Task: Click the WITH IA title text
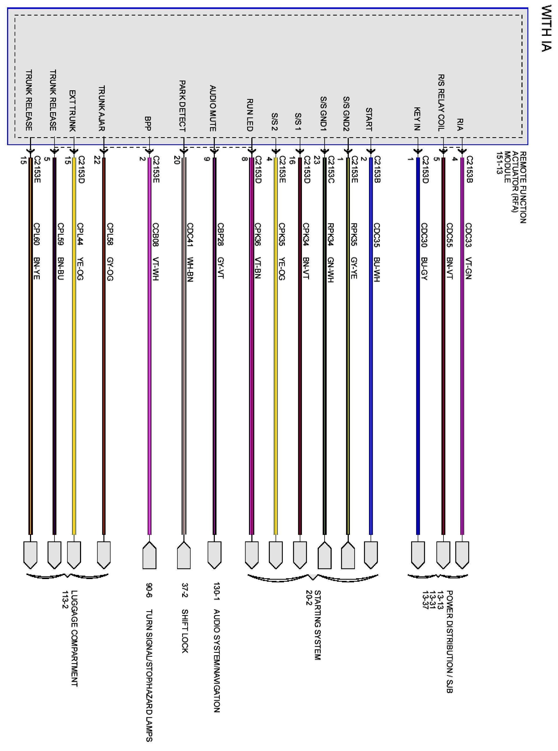(546, 28)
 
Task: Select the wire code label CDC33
(469, 235)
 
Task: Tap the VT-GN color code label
(469, 268)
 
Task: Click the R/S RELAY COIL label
(441, 103)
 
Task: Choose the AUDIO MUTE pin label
(213, 108)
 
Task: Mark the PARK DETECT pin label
(182, 106)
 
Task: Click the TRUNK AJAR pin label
(102, 108)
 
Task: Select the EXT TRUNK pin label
(73, 111)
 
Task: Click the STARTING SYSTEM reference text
(317, 625)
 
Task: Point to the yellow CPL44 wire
(74, 372)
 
